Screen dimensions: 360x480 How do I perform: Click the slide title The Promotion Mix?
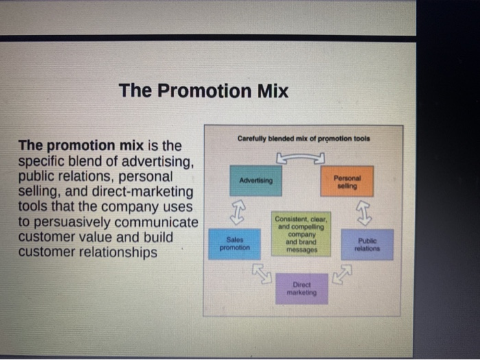203,91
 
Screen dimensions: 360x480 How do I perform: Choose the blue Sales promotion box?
235,244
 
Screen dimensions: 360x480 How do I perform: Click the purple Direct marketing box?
302,289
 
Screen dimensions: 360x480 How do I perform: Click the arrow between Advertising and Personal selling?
300,159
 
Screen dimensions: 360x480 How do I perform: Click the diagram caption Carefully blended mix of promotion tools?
303,139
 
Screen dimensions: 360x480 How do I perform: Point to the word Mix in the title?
272,91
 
